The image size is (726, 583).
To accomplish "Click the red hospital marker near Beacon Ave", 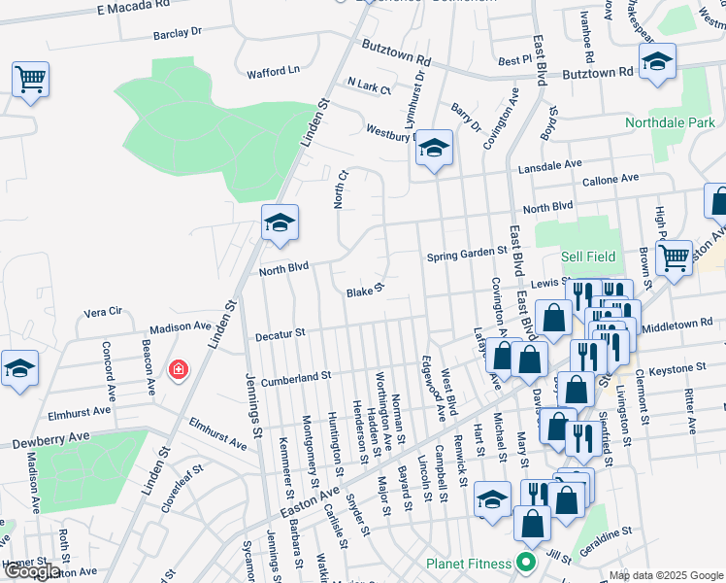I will (x=177, y=369).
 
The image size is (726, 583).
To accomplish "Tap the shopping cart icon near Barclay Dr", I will (x=30, y=79).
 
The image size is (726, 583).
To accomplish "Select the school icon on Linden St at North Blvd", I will (x=279, y=223).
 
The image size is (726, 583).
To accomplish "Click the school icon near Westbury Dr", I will (x=435, y=150).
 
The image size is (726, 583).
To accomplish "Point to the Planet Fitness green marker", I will (x=526, y=564).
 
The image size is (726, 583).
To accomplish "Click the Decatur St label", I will (x=280, y=334).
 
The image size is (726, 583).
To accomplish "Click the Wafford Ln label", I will (x=273, y=71).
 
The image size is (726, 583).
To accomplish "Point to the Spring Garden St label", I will (x=468, y=251).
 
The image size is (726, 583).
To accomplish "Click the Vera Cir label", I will (x=103, y=312).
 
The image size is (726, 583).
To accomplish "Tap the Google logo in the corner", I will (x=31, y=571).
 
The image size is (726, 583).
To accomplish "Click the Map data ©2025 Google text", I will (x=665, y=575).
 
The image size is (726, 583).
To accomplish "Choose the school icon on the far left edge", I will (x=18, y=369).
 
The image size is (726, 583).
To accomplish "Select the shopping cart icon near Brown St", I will (x=674, y=257).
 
